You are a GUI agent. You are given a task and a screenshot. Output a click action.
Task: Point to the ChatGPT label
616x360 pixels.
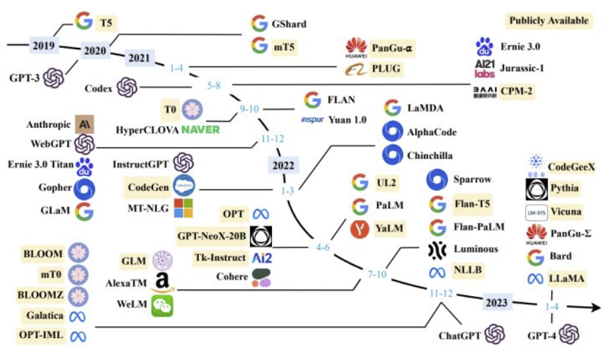point(460,335)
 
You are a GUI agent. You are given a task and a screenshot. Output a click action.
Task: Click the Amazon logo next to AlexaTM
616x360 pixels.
point(162,282)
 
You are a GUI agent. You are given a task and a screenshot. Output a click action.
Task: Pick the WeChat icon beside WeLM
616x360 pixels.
point(162,305)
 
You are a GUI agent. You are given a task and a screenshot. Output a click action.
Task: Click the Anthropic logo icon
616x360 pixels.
point(84,124)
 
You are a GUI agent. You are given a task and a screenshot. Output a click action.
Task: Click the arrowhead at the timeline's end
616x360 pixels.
point(595,307)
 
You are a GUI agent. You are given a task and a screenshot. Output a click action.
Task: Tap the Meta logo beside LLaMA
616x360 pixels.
point(535,279)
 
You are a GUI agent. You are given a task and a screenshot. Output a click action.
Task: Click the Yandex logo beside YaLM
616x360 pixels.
point(359,230)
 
